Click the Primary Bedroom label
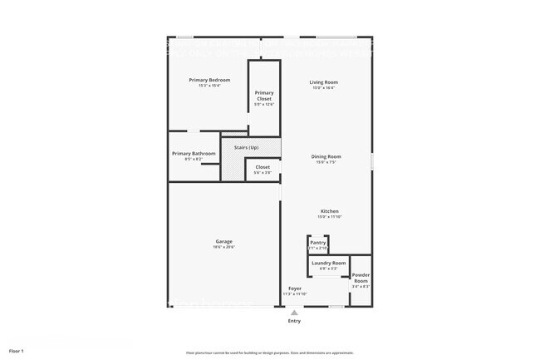tap(209, 80)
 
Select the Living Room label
tap(323, 81)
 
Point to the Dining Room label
tap(326, 156)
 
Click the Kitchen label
tap(330, 211)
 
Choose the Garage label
tap(224, 241)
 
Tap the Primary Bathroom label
tap(194, 153)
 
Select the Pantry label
tap(318, 243)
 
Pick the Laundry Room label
tap(329, 263)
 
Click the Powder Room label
tap(361, 278)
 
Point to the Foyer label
tap(295, 288)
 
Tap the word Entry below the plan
tap(295, 321)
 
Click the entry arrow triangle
tap(293, 312)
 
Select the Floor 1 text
tap(17, 351)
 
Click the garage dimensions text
tap(224, 247)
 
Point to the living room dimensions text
tap(323, 87)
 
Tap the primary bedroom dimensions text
tap(209, 86)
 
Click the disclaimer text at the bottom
tap(270, 352)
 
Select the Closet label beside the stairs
tap(263, 167)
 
